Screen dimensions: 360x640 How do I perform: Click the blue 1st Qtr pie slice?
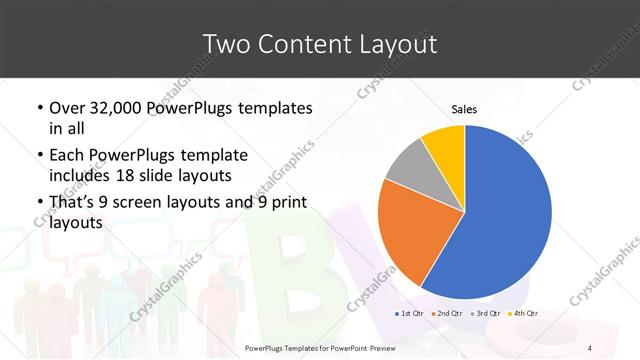tap(505, 215)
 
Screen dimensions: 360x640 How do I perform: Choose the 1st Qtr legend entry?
tap(409, 314)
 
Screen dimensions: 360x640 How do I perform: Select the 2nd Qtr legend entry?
tap(445, 314)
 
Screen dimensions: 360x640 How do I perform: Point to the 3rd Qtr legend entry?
tap(484, 314)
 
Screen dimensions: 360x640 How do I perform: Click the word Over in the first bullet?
tap(67, 108)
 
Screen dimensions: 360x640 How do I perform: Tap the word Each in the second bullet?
tap(67, 156)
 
